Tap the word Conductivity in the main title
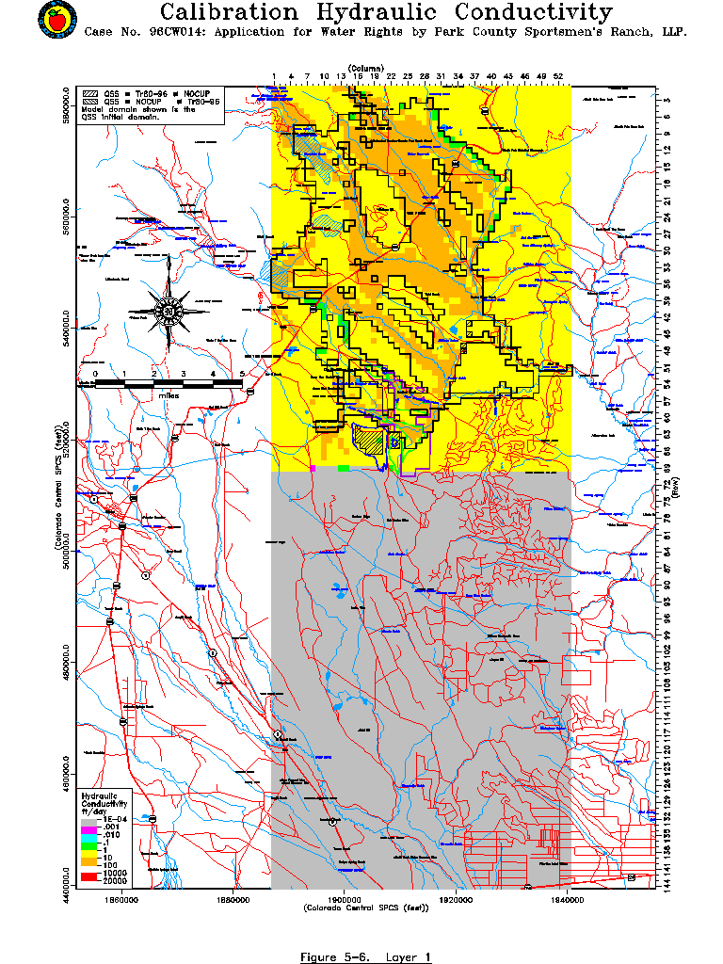tap(533, 12)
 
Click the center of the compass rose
tap(169, 312)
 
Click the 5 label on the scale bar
tap(243, 374)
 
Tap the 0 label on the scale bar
tap(95, 374)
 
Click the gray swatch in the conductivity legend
tap(89, 820)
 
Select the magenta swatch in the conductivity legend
tap(89, 827)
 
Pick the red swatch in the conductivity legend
tap(89, 876)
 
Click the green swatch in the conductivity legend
tap(89, 849)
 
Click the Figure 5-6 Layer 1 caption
tap(365, 956)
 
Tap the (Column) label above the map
tap(365, 69)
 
